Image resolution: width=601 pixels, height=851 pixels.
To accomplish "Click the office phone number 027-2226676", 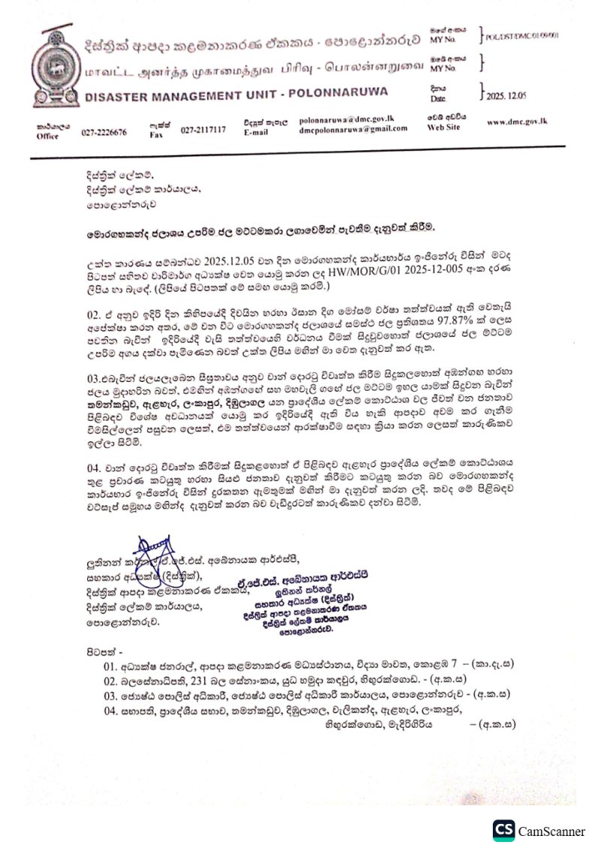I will (x=104, y=132).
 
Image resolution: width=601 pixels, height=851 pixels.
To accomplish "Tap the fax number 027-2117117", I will (x=203, y=130).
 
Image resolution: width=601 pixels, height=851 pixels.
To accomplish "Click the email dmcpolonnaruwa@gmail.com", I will (x=352, y=129).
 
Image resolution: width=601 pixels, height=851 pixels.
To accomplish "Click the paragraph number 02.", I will (x=94, y=307).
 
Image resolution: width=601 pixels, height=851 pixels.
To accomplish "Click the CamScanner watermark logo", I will (x=504, y=830).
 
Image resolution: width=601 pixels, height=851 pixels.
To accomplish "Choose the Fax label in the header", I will (x=156, y=135).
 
